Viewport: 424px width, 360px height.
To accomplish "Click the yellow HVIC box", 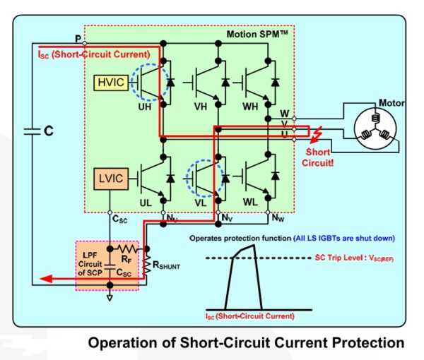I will tap(110, 84).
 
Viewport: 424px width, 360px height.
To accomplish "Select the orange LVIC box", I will tap(110, 179).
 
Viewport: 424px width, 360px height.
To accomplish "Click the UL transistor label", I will tap(145, 203).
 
